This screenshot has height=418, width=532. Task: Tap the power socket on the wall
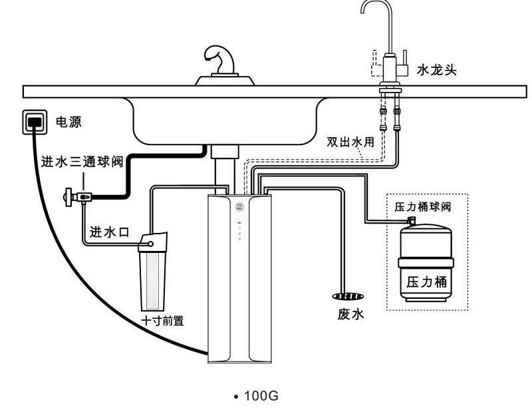36,121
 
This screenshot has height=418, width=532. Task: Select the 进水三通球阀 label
82,162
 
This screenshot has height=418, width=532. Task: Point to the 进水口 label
109,232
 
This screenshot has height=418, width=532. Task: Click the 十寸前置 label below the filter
162,320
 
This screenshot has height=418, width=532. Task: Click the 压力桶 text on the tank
426,282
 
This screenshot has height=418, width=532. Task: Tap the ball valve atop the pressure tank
412,219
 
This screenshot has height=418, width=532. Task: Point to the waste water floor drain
348,296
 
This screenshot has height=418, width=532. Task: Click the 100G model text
261,397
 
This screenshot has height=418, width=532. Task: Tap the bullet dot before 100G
237,397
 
